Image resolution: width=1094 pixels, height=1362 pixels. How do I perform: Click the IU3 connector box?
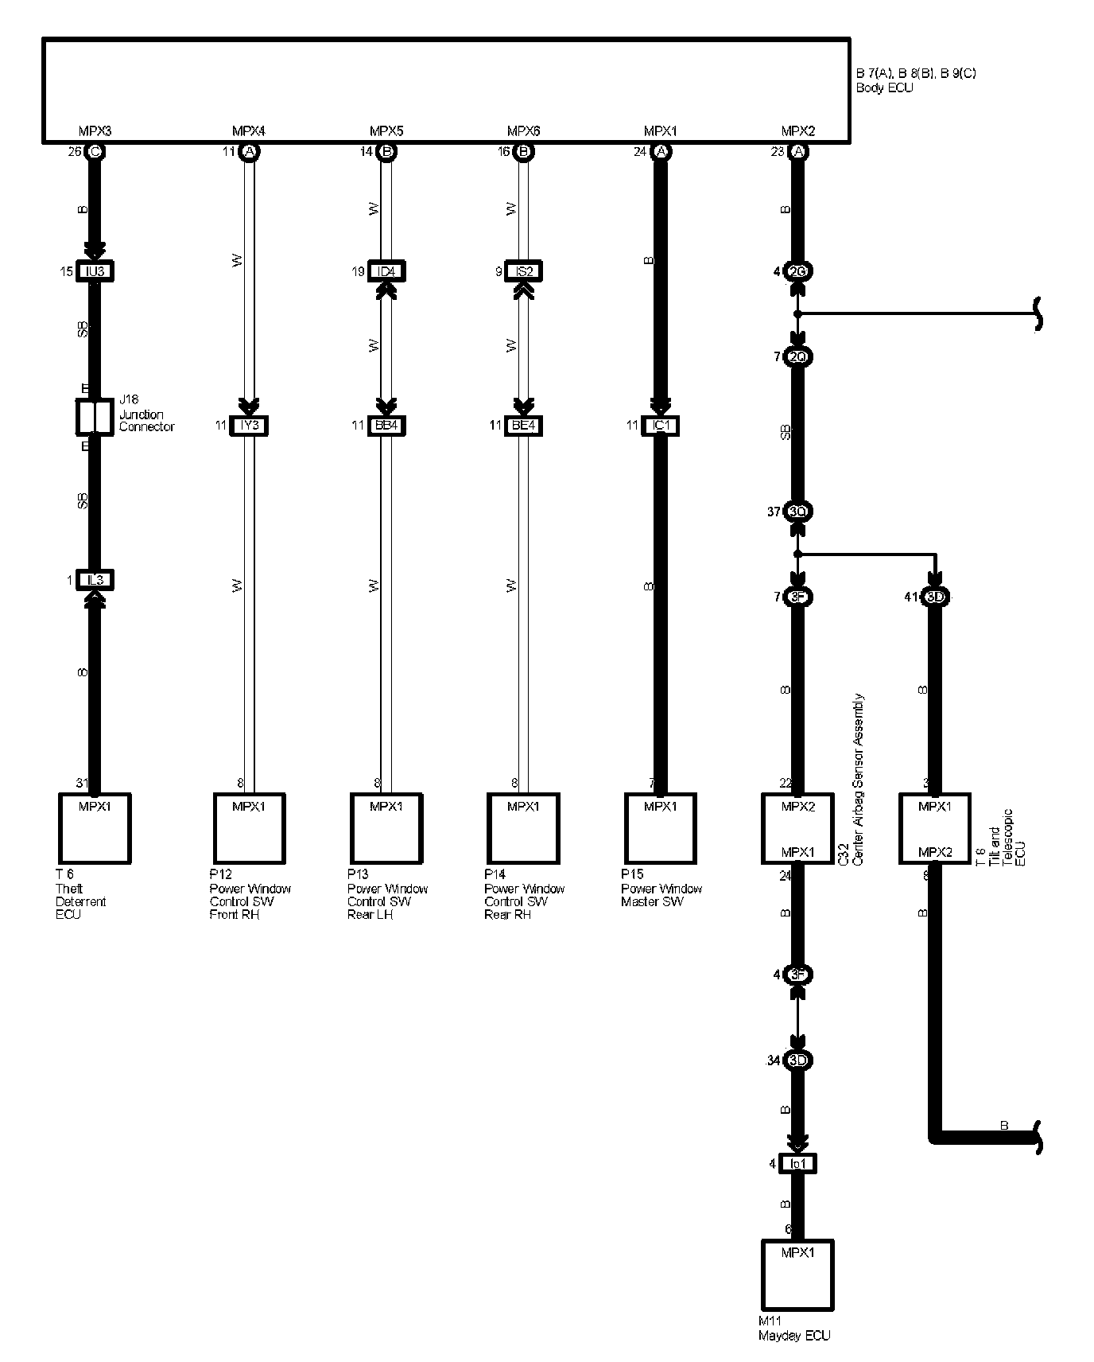pos(95,271)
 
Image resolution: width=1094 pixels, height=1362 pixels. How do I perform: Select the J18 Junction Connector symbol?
pos(95,417)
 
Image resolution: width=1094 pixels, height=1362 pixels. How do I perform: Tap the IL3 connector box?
pos(95,581)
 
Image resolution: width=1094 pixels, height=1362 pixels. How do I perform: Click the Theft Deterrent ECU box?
pos(95,828)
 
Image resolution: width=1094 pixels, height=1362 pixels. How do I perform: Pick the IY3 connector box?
pos(249,426)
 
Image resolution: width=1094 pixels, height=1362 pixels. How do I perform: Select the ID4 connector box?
pos(386,271)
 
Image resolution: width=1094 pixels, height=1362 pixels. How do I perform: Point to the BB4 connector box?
pos(386,426)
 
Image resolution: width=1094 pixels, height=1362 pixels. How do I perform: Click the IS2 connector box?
pos(524,271)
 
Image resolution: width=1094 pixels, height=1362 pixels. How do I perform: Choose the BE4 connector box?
pos(524,426)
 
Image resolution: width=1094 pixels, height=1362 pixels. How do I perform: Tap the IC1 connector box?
pos(661,426)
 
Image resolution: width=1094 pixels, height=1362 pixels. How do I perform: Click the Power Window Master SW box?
pos(661,828)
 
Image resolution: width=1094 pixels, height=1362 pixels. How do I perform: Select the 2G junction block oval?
pos(797,271)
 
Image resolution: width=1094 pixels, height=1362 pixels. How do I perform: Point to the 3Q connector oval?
pos(797,512)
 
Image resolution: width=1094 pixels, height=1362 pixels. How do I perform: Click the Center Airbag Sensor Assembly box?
pos(797,828)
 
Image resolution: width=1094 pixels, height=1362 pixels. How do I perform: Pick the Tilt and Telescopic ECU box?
pos(935,828)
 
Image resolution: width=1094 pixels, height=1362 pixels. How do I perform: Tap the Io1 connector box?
pos(797,1164)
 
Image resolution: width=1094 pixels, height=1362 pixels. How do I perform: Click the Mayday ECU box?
pos(797,1274)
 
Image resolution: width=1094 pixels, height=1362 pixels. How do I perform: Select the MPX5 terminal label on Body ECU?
pos(386,131)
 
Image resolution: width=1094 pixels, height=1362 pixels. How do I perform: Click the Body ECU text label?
pos(884,88)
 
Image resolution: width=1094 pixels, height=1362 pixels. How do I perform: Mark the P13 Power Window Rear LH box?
pos(386,828)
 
